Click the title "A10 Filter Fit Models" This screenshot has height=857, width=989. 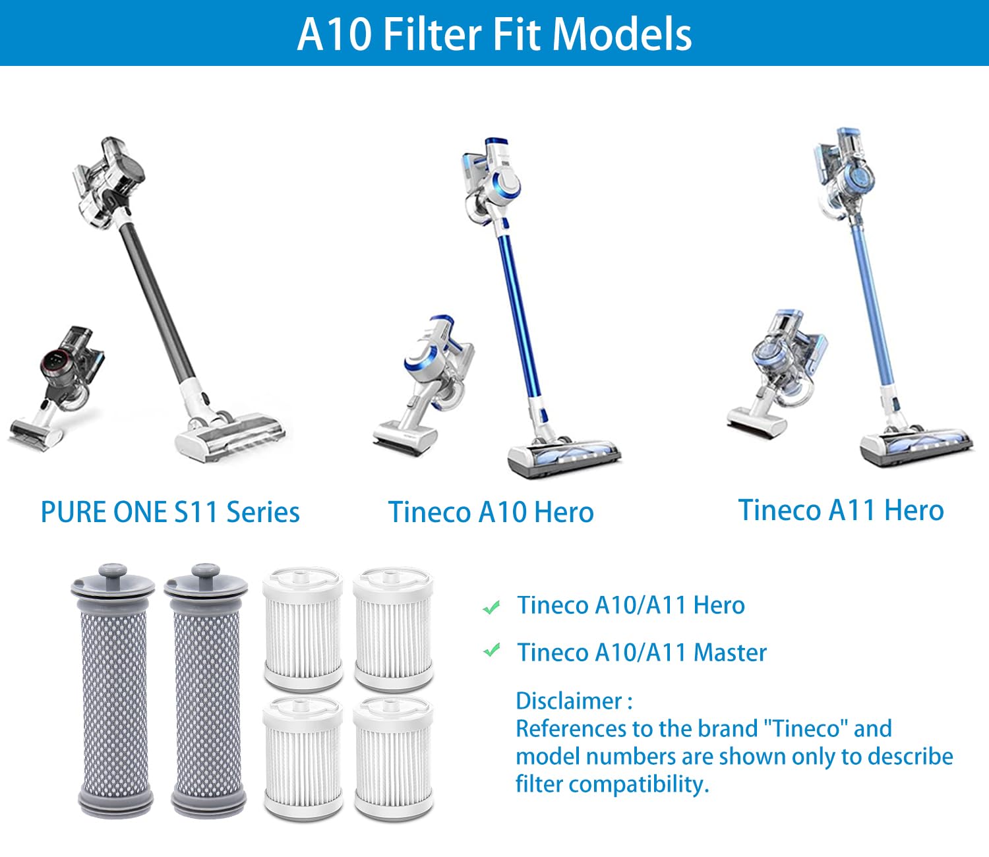pos(494,34)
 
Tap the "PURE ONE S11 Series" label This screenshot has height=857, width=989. pos(170,512)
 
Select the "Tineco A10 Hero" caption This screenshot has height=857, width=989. pos(491,512)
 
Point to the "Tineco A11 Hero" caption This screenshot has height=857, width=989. pos(841,510)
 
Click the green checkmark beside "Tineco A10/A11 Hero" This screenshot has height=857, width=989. pos(491,606)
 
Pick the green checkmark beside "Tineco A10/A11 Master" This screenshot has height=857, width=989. pos(491,651)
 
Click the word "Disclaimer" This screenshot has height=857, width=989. pos(569,701)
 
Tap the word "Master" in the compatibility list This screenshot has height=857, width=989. pos(731,653)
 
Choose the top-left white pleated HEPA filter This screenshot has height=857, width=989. pos(303,630)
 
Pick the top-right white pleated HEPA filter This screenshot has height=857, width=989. pos(394,630)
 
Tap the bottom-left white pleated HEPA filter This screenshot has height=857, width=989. pos(303,758)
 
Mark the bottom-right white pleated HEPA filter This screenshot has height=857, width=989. pos(394,758)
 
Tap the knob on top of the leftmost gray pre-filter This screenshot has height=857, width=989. pos(113,572)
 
